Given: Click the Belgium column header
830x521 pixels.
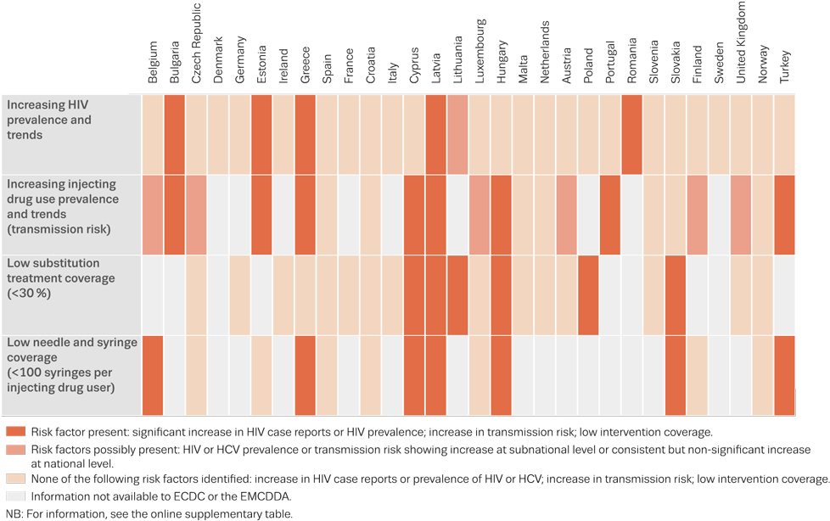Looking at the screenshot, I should (x=153, y=64).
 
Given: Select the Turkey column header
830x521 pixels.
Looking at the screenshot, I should (x=784, y=64).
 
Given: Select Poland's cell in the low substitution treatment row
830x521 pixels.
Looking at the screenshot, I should (x=588, y=294).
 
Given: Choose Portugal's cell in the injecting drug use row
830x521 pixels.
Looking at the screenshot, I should (x=610, y=215).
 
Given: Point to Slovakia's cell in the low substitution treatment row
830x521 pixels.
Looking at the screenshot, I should (x=676, y=294).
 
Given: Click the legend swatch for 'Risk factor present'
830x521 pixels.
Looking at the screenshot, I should (x=14, y=431).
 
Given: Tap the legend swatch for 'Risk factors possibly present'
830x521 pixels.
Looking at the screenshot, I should (x=14, y=449).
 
